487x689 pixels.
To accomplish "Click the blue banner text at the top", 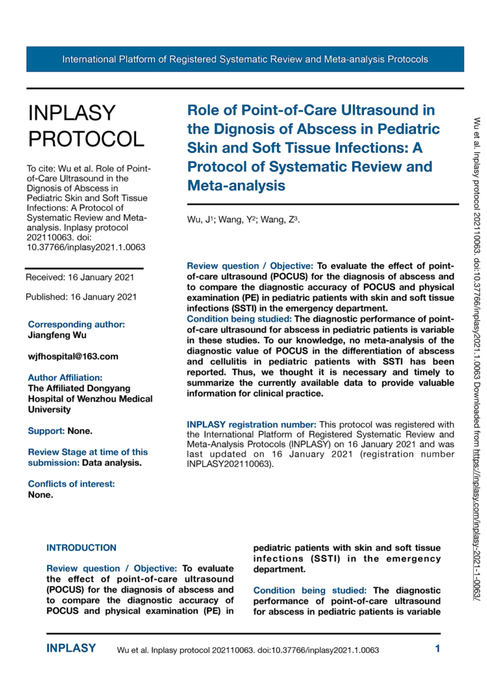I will point(245,60).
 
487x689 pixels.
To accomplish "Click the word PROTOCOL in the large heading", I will point(86,138).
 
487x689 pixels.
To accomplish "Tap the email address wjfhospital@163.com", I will point(73,357).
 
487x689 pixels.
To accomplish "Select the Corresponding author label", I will point(76,324).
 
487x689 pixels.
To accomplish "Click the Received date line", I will point(79,277).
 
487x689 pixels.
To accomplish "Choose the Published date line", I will point(81,296).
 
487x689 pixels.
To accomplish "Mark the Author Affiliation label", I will point(65,377).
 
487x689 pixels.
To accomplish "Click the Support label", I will point(46,431).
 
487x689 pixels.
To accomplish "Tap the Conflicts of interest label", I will point(72,484).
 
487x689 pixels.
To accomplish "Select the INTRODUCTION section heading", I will point(82,548).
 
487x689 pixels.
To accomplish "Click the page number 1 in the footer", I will point(438,648).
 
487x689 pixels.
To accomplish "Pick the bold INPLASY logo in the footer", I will point(71,648).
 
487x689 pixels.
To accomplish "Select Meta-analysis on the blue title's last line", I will point(237,186).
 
